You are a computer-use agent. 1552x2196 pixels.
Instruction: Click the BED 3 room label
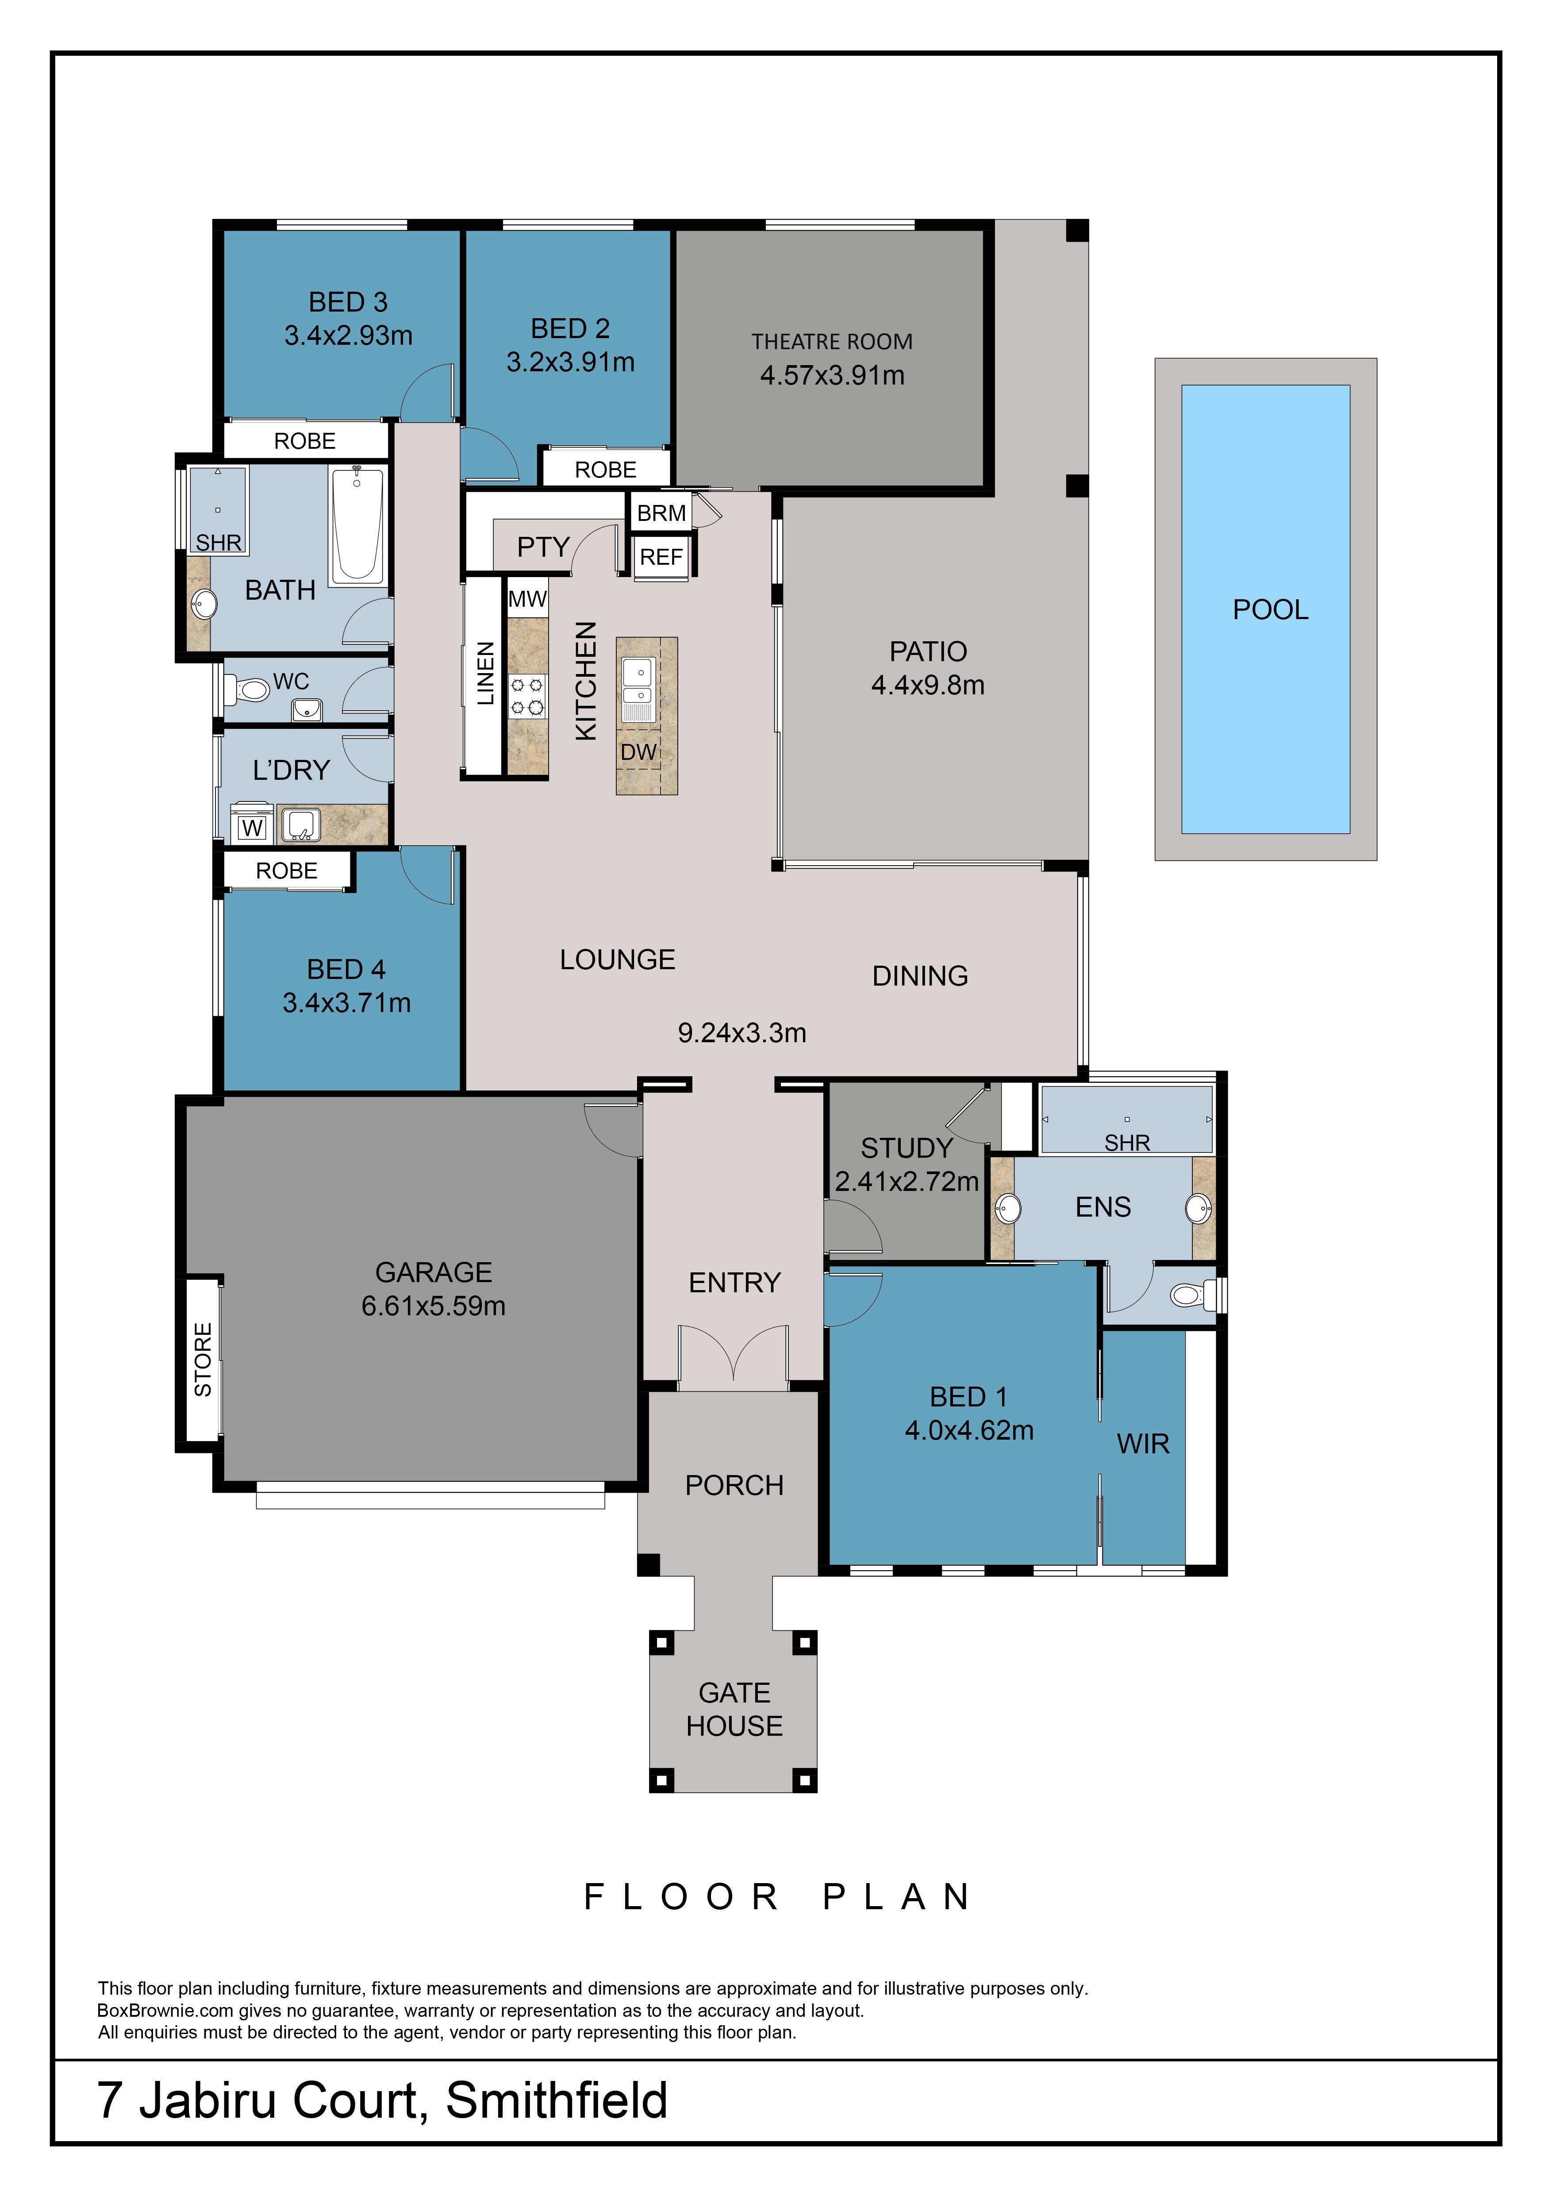(348, 302)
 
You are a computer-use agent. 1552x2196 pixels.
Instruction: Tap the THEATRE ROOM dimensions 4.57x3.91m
(832, 375)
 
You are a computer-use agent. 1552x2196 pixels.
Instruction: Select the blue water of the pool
(1265, 609)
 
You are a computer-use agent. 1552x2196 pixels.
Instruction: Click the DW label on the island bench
(639, 752)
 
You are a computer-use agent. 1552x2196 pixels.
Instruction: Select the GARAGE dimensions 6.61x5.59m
(433, 1306)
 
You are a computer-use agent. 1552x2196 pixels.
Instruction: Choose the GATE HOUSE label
(734, 1709)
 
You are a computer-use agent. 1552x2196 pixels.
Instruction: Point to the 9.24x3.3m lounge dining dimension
(742, 1033)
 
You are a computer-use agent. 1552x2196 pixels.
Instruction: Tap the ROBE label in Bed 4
(287, 871)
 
